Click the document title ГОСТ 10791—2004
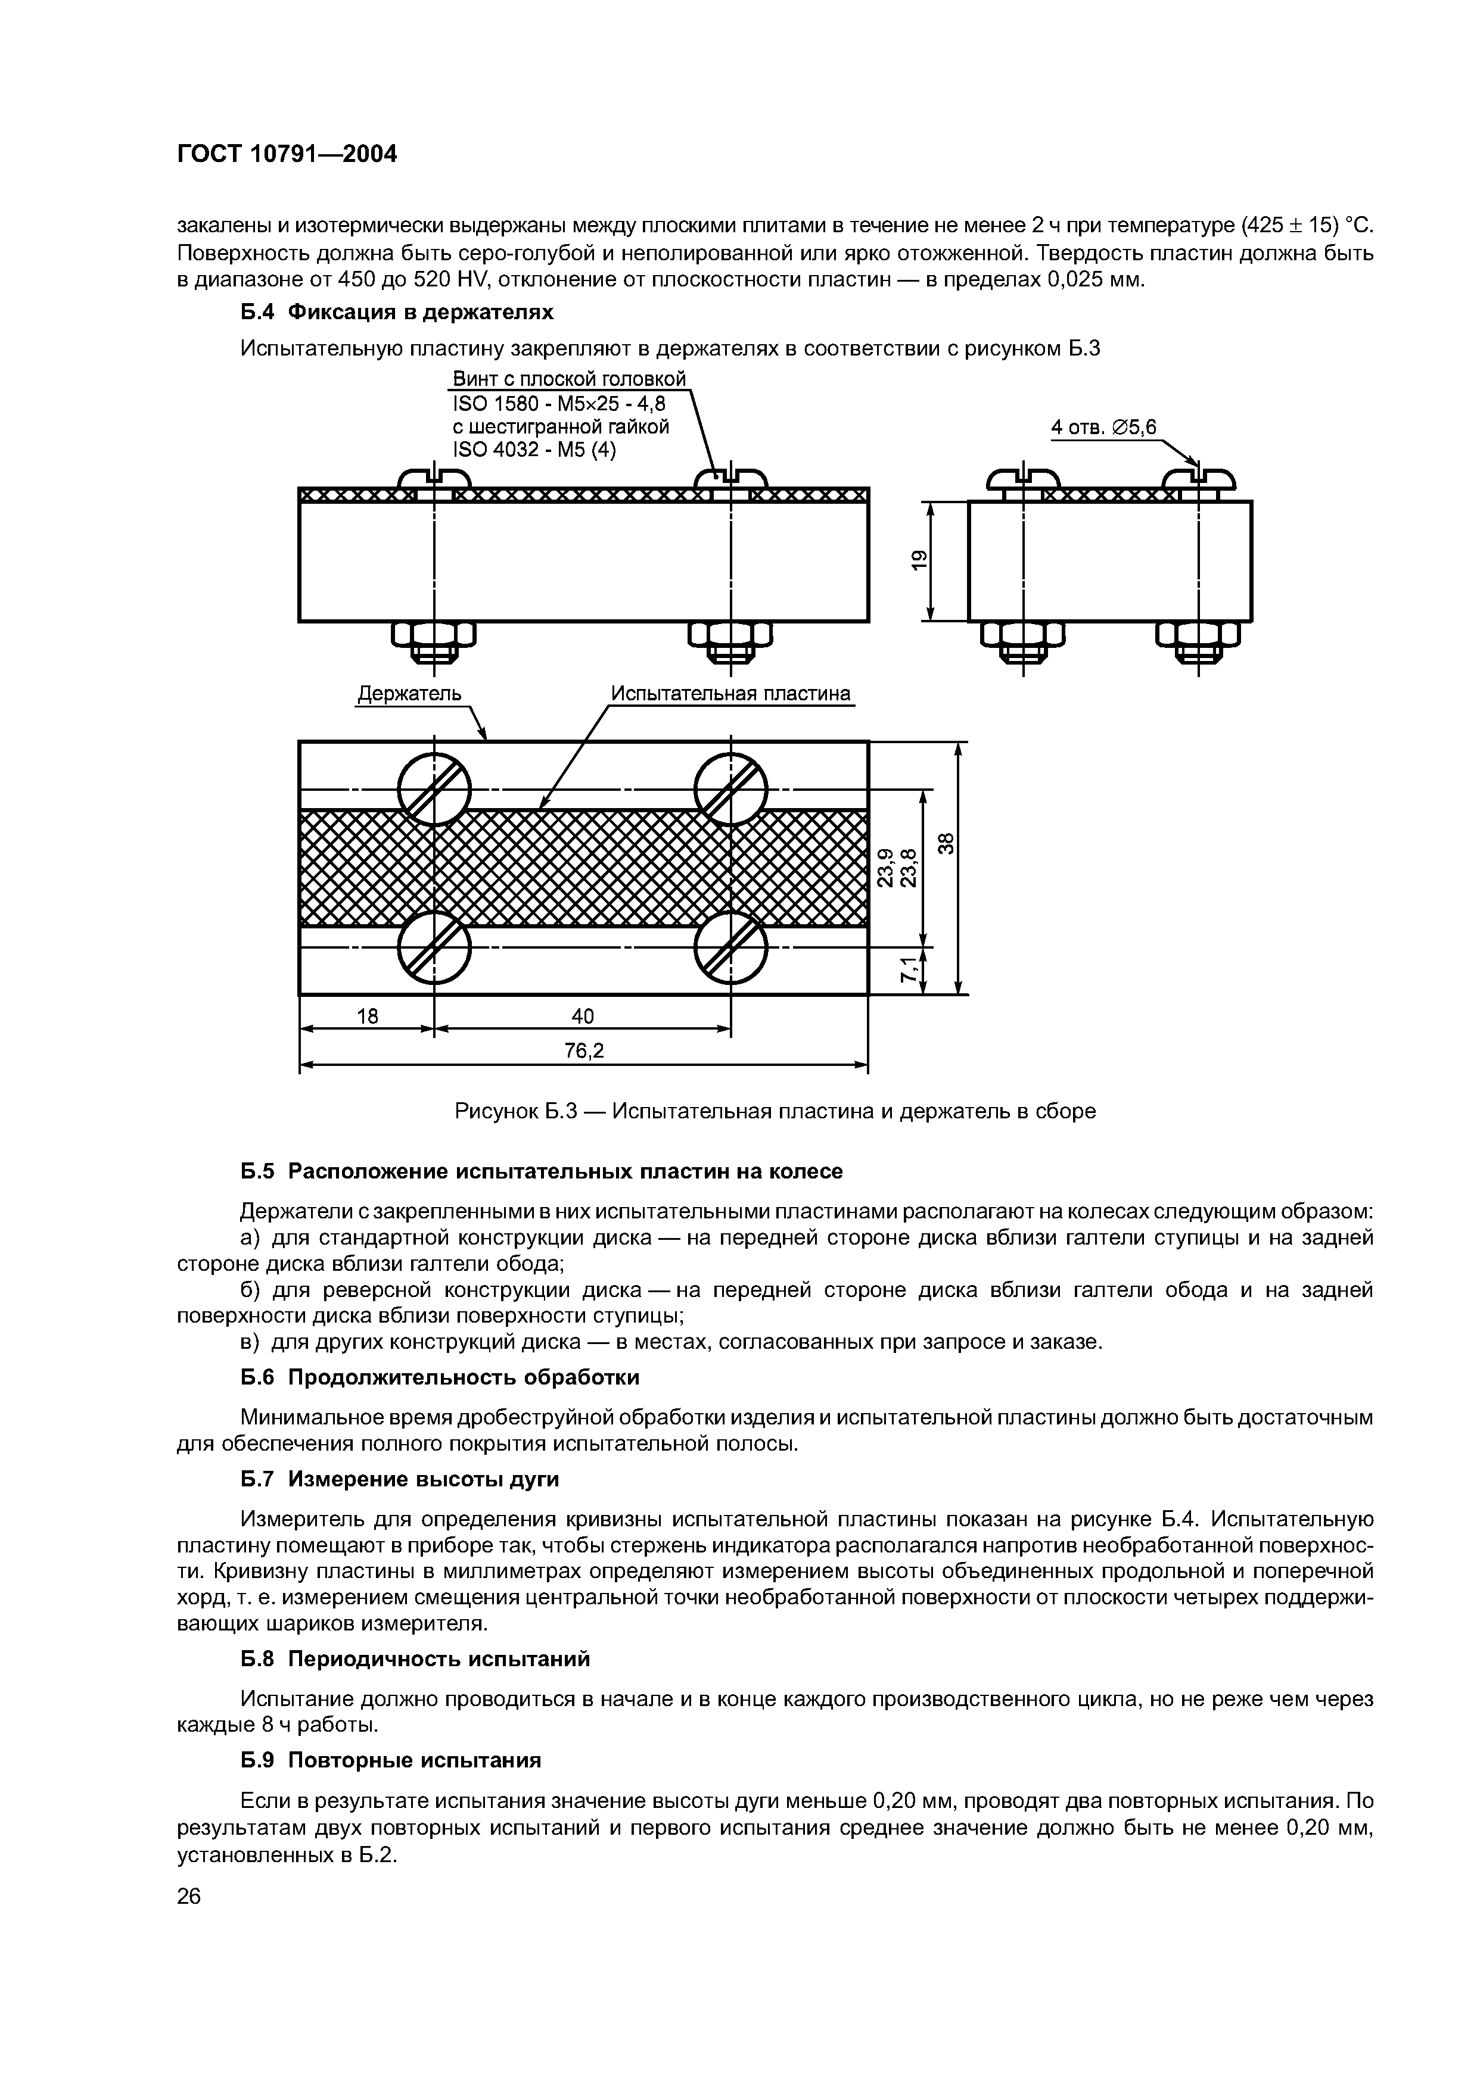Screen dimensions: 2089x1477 [x=287, y=154]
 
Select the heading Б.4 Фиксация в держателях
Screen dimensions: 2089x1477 [x=397, y=312]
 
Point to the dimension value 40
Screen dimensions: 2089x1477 [x=583, y=1015]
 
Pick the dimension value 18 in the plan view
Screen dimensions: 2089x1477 [x=367, y=1015]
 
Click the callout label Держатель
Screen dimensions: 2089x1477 [x=409, y=693]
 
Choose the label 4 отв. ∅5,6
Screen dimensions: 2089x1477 [x=1103, y=427]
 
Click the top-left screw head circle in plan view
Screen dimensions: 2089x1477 [x=435, y=788]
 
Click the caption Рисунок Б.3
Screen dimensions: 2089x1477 [x=775, y=1111]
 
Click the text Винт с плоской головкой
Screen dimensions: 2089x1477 [x=569, y=379]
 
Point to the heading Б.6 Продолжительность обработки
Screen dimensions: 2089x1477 [x=440, y=1377]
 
